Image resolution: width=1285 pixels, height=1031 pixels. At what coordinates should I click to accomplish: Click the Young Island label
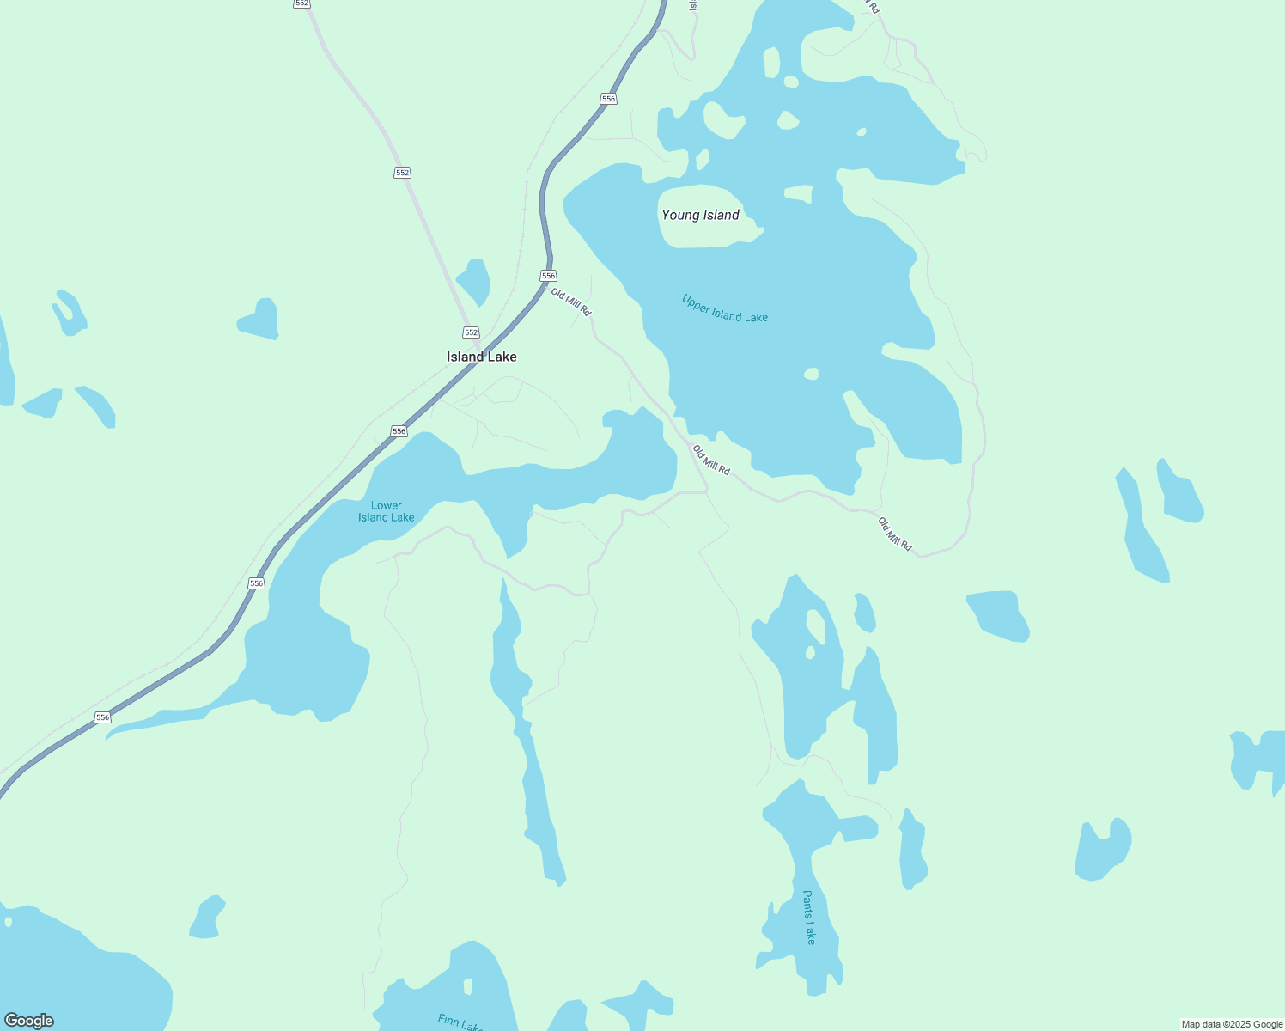click(700, 215)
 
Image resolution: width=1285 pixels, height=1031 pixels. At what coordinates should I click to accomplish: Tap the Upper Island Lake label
click(725, 309)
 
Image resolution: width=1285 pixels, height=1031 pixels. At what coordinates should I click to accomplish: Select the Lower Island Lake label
click(387, 511)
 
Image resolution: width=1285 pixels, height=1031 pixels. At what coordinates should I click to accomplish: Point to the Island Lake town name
click(482, 357)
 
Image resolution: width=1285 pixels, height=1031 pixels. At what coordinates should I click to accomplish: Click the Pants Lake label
click(808, 917)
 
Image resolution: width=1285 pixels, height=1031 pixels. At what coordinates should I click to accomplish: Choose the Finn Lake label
click(460, 1022)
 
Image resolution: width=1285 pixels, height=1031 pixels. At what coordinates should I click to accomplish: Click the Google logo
click(28, 1021)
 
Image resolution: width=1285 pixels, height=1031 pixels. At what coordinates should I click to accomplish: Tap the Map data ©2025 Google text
click(1232, 1024)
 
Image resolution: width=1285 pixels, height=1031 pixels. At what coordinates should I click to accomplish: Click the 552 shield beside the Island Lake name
click(471, 332)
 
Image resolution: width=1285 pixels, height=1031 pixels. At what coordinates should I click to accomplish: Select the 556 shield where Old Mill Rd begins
click(549, 276)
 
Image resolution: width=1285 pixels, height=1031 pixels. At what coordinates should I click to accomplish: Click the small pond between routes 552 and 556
click(474, 279)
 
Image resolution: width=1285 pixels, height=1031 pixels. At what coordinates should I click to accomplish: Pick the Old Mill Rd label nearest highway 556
click(571, 302)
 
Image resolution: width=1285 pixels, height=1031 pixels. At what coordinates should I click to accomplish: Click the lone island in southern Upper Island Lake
click(811, 374)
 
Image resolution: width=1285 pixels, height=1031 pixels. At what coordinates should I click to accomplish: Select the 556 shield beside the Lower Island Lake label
click(399, 430)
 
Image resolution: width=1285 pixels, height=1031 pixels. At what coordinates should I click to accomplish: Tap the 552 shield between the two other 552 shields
click(402, 173)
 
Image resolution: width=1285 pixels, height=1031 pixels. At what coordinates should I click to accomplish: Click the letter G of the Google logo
click(11, 1021)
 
